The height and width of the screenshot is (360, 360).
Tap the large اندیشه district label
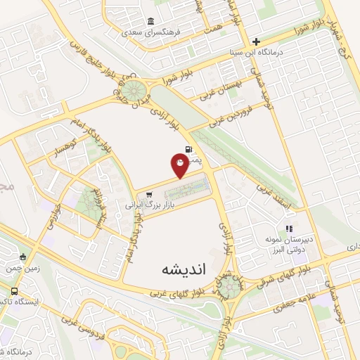tap(178, 268)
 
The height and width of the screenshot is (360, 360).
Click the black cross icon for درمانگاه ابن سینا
tap(257, 41)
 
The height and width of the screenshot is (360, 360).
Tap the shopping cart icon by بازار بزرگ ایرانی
tap(148, 196)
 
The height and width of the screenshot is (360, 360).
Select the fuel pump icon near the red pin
tap(188, 149)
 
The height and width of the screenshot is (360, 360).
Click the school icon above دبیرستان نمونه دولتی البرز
tap(288, 228)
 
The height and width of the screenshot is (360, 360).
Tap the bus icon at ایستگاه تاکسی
tap(15, 291)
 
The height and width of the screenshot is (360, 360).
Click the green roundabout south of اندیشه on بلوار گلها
tap(228, 285)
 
